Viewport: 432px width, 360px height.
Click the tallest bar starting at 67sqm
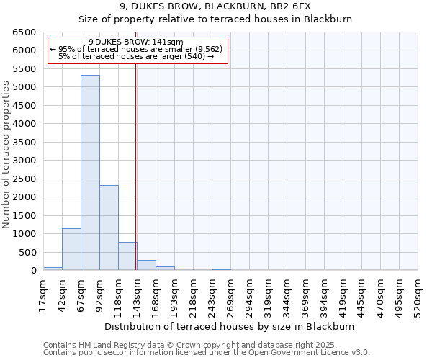(90, 173)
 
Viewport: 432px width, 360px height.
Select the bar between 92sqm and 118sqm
(109, 228)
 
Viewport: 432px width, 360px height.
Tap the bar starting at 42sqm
(71, 249)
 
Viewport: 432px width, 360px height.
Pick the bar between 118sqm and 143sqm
(127, 256)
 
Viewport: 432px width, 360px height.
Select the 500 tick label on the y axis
(30, 252)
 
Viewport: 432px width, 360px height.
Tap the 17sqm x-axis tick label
(43, 295)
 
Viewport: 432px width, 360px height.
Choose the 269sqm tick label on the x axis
(230, 295)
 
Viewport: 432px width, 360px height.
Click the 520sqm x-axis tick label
(418, 295)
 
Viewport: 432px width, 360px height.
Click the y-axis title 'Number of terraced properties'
(6, 155)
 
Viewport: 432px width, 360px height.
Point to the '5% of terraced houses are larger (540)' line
(136, 56)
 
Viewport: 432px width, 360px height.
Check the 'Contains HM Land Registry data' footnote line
(195, 345)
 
